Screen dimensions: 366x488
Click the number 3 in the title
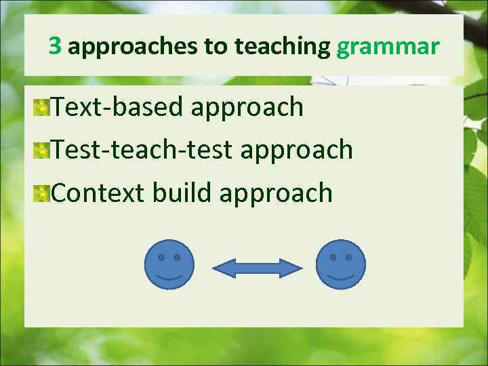[x=56, y=47]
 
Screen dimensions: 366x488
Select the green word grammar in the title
[x=388, y=47]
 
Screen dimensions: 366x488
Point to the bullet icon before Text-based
[x=42, y=107]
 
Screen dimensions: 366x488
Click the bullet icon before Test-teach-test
[x=42, y=150]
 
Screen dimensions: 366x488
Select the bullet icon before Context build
[x=42, y=194]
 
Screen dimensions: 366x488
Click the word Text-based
[x=117, y=106]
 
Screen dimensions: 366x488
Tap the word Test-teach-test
[x=142, y=150]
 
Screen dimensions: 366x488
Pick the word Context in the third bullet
[x=98, y=193]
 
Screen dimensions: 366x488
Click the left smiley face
[x=169, y=264]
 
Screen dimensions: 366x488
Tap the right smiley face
[x=340, y=264]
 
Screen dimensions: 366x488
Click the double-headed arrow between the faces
[x=256, y=268]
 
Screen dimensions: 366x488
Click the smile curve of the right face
[x=340, y=277]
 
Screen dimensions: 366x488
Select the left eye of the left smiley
[x=161, y=258]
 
